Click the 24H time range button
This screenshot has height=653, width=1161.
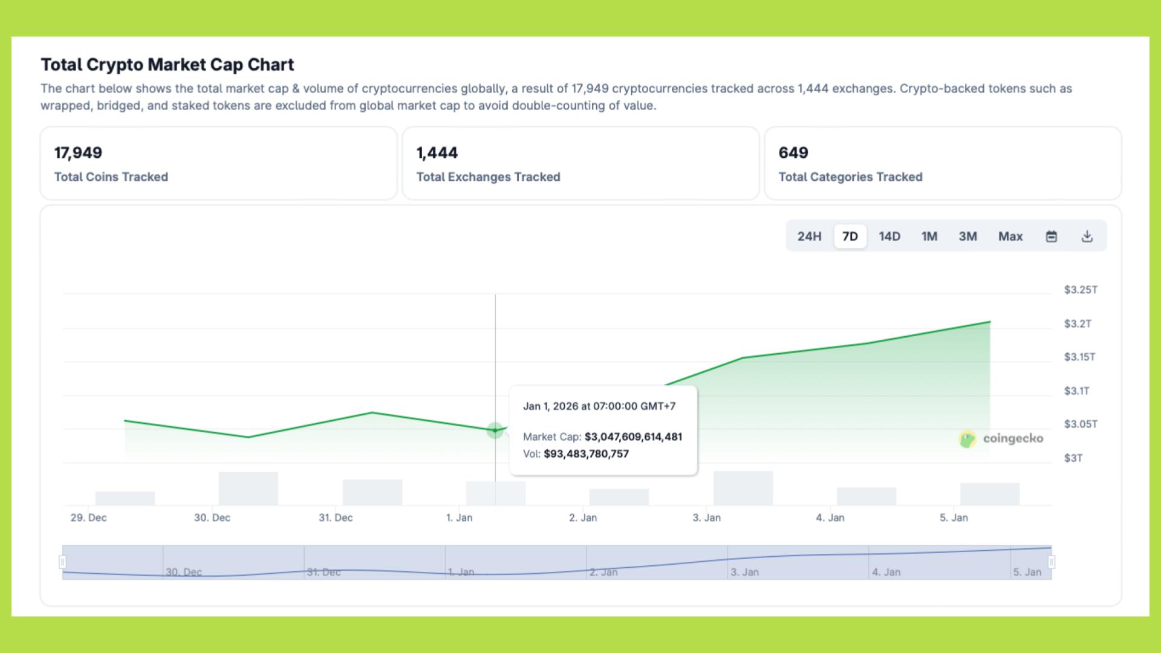(809, 236)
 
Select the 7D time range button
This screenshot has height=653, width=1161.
(850, 236)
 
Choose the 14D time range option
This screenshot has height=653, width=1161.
(889, 236)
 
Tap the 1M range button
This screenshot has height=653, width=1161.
(929, 236)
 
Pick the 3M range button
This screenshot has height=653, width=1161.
(968, 236)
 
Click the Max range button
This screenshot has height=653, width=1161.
(1010, 236)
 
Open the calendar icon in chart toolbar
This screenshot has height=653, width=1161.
(1052, 236)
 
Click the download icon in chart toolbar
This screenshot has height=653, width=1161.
(1087, 236)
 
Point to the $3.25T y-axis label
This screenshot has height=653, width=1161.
(1081, 290)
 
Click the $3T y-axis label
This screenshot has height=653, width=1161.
(1073, 458)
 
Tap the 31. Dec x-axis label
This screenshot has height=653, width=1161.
(336, 518)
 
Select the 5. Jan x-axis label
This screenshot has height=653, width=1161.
(954, 518)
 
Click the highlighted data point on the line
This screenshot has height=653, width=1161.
(495, 430)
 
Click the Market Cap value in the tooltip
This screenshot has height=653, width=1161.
(633, 437)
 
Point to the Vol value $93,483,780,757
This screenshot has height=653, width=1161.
(586, 454)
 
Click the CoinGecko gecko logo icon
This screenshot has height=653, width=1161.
(968, 439)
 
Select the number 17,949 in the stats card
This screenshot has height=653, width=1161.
(78, 153)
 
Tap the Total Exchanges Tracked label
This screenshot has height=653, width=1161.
(488, 177)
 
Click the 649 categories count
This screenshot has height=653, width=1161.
(793, 153)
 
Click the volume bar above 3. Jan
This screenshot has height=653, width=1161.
(743, 488)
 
